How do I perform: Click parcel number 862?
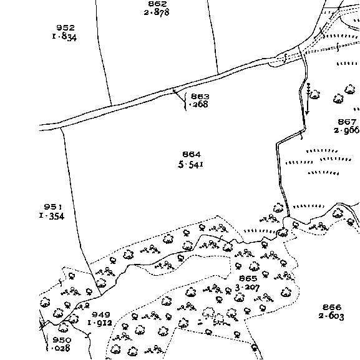[x=157, y=4]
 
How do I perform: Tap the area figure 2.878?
[x=157, y=12]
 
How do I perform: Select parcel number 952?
[x=66, y=28]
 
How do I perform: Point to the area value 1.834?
[x=64, y=37]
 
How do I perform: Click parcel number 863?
[x=200, y=96]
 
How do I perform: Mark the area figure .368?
[x=198, y=104]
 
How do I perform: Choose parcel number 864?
[x=192, y=154]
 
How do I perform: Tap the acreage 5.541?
[x=191, y=164]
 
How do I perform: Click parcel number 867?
[x=347, y=122]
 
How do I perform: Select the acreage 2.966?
[x=347, y=130]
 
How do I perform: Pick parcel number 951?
[x=53, y=207]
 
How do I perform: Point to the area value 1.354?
[x=52, y=216]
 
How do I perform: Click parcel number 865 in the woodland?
[x=248, y=278]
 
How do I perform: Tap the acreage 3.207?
[x=248, y=288]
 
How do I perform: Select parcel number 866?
[x=332, y=307]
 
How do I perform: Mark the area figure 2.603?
[x=331, y=316]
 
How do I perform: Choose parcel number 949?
[x=101, y=314]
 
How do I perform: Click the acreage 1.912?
[x=100, y=323]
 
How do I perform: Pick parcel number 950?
[x=62, y=340]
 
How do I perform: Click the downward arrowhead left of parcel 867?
[x=308, y=113]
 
